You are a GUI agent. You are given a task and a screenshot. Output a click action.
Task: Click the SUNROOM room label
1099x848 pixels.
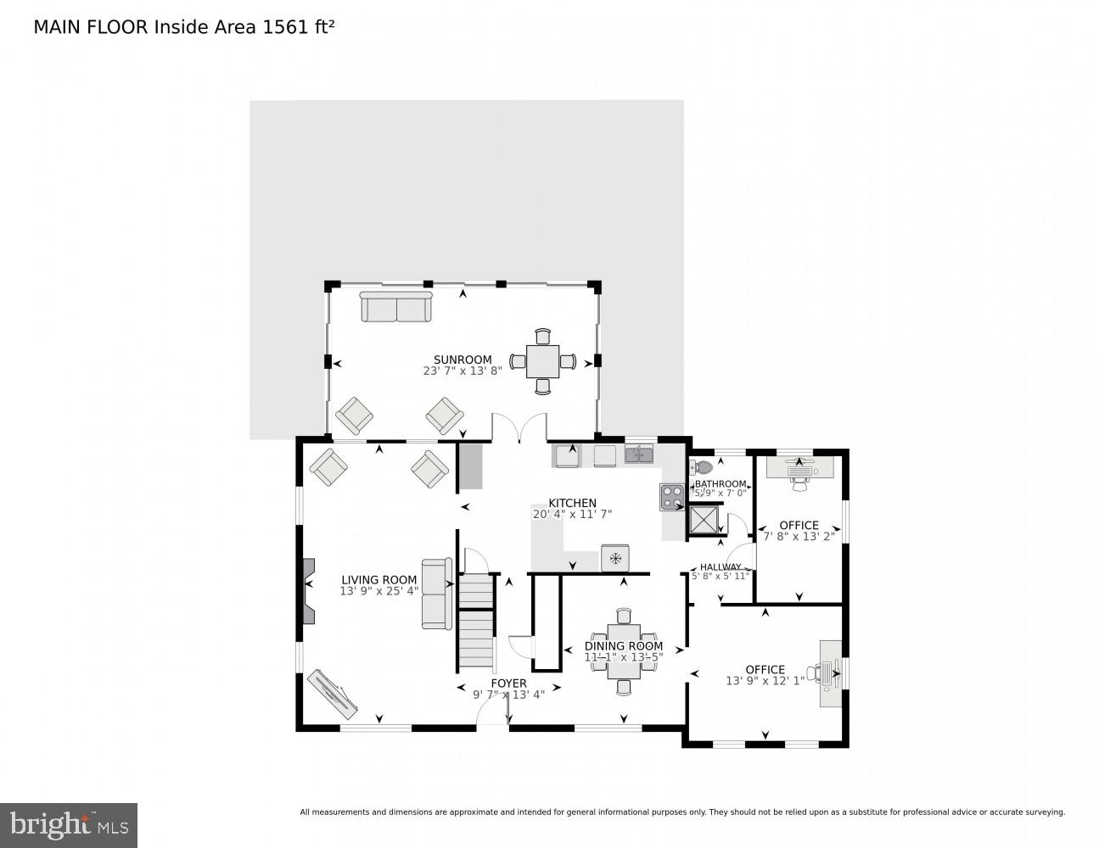(x=463, y=360)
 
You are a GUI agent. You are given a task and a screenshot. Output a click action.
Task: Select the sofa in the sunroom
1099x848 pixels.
(x=396, y=306)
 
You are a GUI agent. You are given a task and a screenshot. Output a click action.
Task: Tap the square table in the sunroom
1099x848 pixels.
(x=543, y=361)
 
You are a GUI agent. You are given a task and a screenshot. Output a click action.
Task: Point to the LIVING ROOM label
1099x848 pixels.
(x=378, y=580)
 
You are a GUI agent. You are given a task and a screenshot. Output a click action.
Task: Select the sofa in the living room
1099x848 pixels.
(x=436, y=594)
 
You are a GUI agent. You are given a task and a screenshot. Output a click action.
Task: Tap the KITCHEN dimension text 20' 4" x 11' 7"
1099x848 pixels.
(x=572, y=514)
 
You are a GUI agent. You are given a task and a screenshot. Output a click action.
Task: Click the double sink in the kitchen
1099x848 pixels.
(x=639, y=455)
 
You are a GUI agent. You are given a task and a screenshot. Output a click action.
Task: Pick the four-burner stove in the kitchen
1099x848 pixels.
(x=672, y=496)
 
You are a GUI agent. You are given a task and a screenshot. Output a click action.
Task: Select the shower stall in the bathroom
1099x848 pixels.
(x=704, y=520)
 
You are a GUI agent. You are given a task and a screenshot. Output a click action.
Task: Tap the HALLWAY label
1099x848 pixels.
(x=720, y=567)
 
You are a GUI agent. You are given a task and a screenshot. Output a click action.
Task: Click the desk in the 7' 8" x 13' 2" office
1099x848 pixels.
(x=799, y=467)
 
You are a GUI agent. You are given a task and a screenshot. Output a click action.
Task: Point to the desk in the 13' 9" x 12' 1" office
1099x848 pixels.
(x=831, y=672)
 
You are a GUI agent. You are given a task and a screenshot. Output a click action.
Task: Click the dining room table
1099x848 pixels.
(x=624, y=651)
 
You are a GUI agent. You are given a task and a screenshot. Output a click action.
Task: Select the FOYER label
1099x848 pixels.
(x=508, y=683)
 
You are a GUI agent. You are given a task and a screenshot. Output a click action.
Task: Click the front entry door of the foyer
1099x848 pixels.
(x=492, y=718)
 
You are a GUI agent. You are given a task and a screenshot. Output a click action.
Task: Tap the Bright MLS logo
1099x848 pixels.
(x=69, y=825)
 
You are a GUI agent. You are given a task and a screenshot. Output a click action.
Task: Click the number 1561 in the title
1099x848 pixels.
(x=281, y=26)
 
